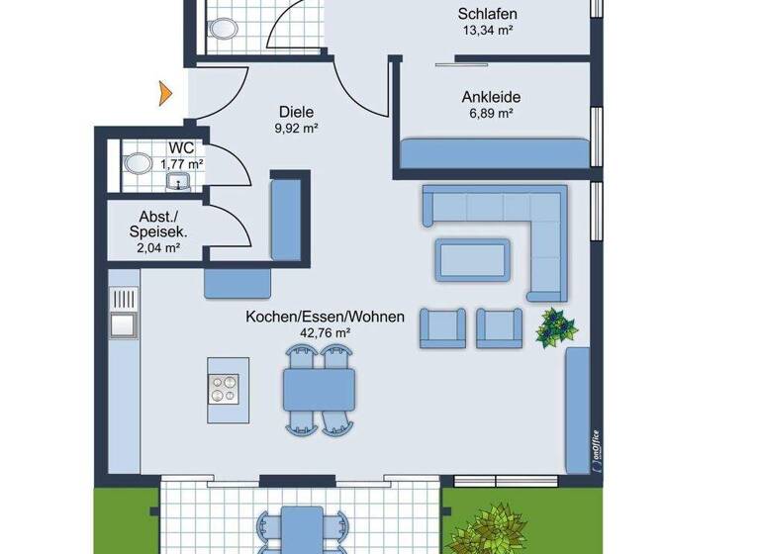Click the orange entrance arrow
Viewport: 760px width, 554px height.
[165, 94]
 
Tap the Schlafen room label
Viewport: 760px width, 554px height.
[488, 14]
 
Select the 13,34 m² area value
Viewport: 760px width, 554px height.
[488, 30]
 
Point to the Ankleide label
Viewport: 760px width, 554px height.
[491, 98]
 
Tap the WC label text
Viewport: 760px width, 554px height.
[180, 148]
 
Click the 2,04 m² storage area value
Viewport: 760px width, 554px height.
[158, 249]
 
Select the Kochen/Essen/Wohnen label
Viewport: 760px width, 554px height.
[326, 318]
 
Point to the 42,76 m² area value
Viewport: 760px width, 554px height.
[326, 333]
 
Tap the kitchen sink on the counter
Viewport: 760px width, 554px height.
[125, 323]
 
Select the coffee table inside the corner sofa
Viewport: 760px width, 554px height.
[475, 258]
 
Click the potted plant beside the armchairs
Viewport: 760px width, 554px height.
[557, 326]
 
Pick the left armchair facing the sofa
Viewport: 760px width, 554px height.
[442, 327]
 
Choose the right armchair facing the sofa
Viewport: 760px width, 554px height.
[499, 327]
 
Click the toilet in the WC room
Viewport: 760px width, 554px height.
[138, 162]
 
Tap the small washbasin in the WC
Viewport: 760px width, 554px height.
[178, 180]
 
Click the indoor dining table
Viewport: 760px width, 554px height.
[321, 390]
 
